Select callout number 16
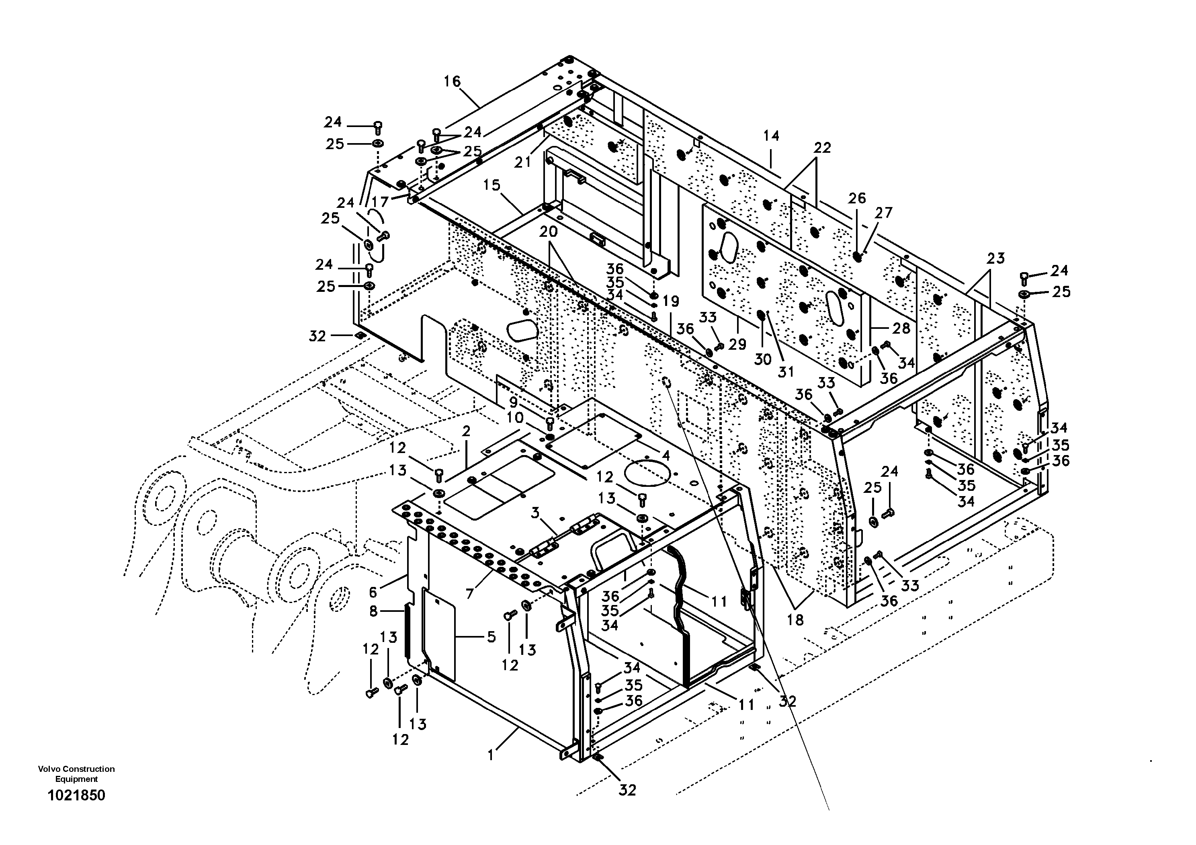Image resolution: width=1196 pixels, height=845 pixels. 452,81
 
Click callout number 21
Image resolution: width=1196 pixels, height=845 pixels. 522,162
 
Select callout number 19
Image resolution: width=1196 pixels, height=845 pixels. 672,301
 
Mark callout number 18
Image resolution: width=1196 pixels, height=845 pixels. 795,619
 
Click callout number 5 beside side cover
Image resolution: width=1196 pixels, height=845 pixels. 491,637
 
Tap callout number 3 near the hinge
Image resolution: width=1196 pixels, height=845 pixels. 535,513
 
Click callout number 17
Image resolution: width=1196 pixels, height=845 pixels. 380,202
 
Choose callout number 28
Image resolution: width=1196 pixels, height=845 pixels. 901,328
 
